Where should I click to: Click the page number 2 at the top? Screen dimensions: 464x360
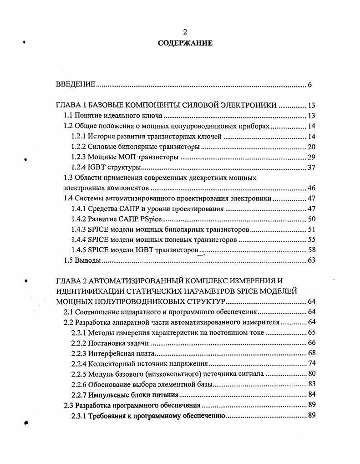click(185, 32)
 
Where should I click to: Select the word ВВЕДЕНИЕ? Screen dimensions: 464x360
click(75, 84)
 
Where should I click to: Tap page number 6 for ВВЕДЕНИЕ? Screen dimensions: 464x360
click(309, 85)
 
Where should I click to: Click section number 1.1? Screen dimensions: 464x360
click(68, 116)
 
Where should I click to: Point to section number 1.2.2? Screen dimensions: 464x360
click(79, 147)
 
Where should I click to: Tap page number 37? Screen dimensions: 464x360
click(311, 168)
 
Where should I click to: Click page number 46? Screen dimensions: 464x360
click(311, 188)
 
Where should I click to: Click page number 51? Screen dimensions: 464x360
click(311, 229)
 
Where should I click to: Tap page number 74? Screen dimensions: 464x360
click(311, 363)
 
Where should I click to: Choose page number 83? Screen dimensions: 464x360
click(311, 384)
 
